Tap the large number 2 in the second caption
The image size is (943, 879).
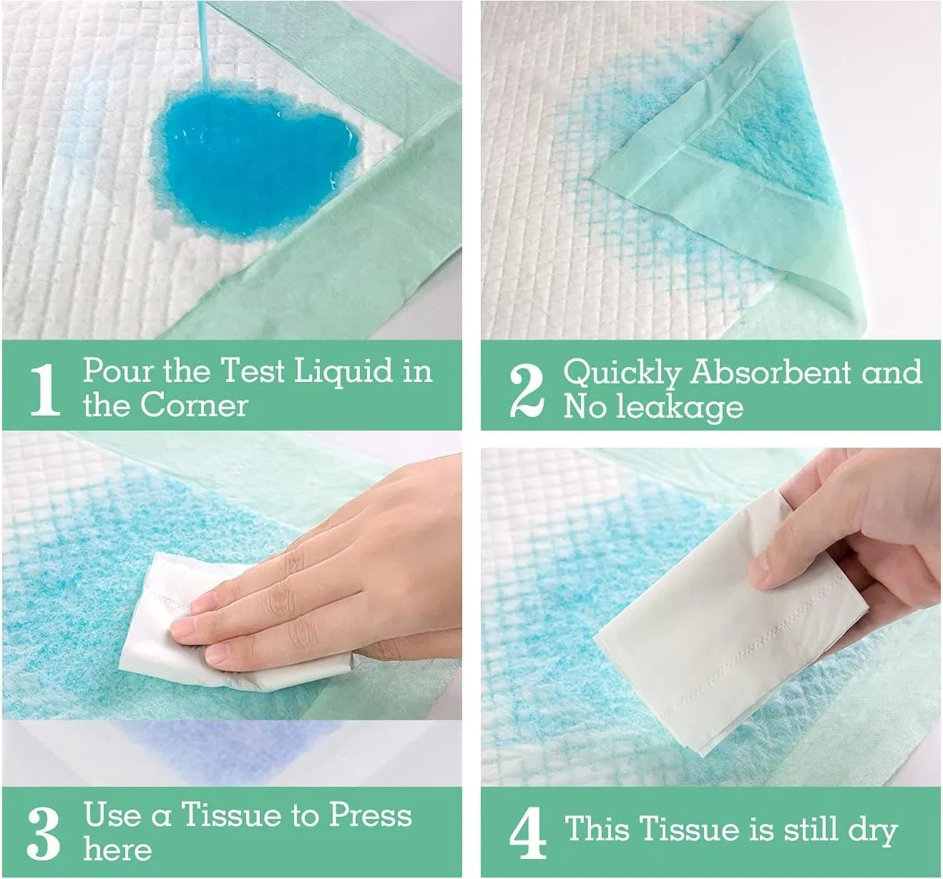527,390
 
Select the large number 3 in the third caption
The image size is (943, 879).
44,833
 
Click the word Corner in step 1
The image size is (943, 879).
194,405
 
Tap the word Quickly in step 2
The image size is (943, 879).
621,373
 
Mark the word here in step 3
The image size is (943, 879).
117,850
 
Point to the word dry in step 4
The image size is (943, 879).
872,830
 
